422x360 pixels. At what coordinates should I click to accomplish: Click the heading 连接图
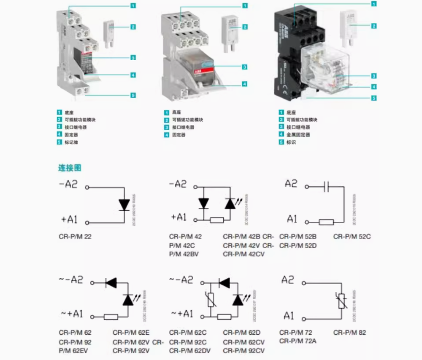coord(69,168)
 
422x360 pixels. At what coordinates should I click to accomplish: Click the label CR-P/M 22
coord(75,236)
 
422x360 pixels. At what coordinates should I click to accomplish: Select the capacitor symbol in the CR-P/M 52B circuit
coord(325,186)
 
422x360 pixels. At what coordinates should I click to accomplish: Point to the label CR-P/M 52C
coord(352,236)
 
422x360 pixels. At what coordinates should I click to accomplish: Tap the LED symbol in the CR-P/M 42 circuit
coord(230,204)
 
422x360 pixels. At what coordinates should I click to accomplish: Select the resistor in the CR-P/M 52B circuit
coord(326,222)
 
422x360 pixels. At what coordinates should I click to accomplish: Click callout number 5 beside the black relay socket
coord(373,99)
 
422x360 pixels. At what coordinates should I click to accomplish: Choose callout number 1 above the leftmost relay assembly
coord(133,6)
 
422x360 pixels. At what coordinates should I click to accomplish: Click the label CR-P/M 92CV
coord(243,351)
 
